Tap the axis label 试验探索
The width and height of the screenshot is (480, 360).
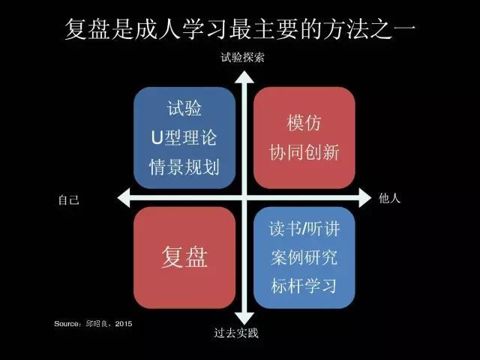pyautogui.click(x=242, y=58)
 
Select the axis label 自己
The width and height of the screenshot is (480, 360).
pyautogui.click(x=68, y=199)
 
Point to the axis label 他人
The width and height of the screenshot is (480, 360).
pyautogui.click(x=390, y=199)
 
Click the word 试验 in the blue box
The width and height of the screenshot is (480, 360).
pyautogui.click(x=184, y=109)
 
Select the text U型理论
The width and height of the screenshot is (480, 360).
pyautogui.click(x=184, y=138)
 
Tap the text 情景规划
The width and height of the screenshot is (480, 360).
pyautogui.click(x=184, y=167)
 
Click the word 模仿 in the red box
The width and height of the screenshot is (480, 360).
pyautogui.click(x=304, y=123)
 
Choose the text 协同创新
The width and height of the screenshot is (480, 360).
pyautogui.click(x=304, y=153)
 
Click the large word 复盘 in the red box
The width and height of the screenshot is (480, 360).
pyautogui.click(x=184, y=256)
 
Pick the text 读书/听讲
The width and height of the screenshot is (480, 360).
pyautogui.click(x=304, y=229)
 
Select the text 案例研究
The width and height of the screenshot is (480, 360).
pyautogui.click(x=304, y=258)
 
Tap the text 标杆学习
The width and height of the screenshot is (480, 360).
pyautogui.click(x=304, y=286)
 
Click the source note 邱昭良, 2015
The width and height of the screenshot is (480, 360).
pyautogui.click(x=93, y=324)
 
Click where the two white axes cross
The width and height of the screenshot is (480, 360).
pyautogui.click(x=242, y=198)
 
